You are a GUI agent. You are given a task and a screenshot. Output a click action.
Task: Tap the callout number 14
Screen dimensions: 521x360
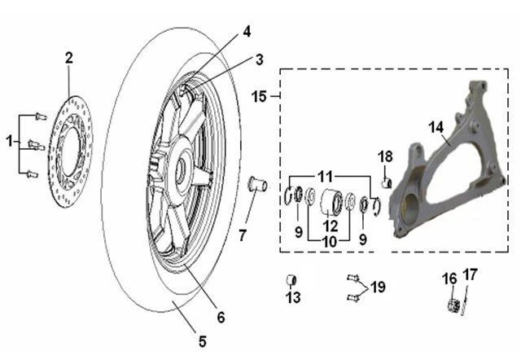[436, 127]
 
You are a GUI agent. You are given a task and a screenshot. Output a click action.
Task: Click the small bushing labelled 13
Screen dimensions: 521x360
[291, 280]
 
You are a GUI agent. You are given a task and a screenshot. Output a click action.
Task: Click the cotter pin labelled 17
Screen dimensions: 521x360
[465, 301]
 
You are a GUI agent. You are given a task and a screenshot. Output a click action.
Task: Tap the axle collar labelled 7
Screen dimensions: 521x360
[258, 184]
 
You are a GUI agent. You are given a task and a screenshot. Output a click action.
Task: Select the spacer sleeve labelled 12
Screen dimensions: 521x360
[331, 200]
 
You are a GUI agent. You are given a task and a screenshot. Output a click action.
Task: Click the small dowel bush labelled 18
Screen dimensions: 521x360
[386, 182]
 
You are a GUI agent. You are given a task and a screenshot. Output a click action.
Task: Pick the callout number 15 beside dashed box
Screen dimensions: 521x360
[259, 97]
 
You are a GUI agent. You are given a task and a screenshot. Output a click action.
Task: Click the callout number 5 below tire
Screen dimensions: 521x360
[203, 341]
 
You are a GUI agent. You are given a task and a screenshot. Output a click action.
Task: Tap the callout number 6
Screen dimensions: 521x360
[221, 318]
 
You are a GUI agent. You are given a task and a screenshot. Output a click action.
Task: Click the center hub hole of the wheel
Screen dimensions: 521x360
[182, 169]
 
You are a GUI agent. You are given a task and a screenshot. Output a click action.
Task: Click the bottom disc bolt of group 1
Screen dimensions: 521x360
[33, 173]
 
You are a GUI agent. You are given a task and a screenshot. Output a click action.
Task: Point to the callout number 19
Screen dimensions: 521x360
[378, 287]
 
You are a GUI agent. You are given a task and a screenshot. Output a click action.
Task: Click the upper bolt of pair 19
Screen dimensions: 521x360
[352, 278]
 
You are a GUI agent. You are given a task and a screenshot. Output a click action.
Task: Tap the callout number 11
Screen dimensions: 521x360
[325, 177]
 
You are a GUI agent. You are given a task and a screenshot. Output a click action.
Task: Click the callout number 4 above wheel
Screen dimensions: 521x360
[247, 32]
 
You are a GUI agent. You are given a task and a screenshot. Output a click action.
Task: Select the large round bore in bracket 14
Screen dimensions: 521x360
[410, 208]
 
